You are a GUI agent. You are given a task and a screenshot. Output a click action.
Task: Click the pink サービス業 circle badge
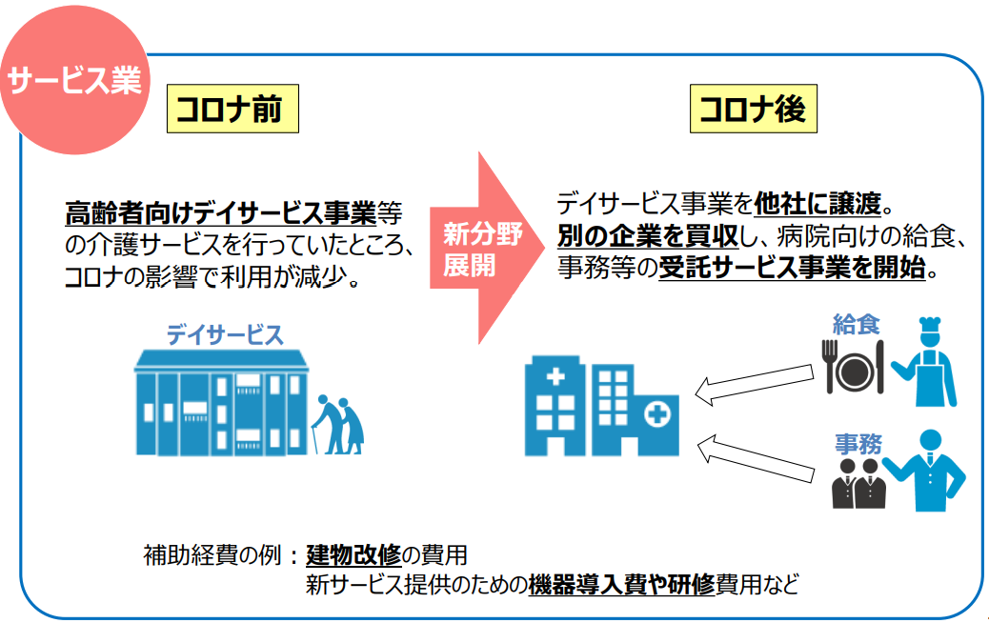pyautogui.click(x=75, y=80)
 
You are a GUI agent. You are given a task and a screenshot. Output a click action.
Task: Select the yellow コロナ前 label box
pyautogui.click(x=232, y=109)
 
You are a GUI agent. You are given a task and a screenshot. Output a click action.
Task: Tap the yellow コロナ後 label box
pyautogui.click(x=753, y=109)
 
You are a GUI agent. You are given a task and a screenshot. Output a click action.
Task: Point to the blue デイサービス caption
pyautogui.click(x=225, y=334)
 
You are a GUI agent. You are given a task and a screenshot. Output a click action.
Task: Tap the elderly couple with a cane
pyautogui.click(x=338, y=424)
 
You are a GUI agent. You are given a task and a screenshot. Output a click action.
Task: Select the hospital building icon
pyautogui.click(x=602, y=406)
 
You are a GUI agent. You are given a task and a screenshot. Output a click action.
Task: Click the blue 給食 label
pyautogui.click(x=856, y=324)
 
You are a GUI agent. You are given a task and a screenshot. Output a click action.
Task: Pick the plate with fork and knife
pyautogui.click(x=854, y=367)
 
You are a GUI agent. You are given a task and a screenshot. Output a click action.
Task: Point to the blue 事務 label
pyautogui.click(x=858, y=444)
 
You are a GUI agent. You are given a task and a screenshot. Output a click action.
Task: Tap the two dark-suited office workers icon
pyautogui.click(x=858, y=483)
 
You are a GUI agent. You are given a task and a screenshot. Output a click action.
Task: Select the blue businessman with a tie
pyautogui.click(x=925, y=471)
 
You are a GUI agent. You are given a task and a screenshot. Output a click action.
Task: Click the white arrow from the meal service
pyautogui.click(x=755, y=383)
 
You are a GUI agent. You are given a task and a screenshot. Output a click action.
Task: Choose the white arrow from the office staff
pyautogui.click(x=756, y=458)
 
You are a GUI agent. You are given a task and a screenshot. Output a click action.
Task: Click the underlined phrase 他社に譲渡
pyautogui.click(x=817, y=204)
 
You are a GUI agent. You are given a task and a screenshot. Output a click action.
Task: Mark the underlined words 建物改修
pyautogui.click(x=353, y=555)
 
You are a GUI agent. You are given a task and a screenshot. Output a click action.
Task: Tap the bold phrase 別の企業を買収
pyautogui.click(x=648, y=236)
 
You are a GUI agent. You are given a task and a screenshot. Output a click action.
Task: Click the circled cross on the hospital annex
pyautogui.click(x=657, y=415)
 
